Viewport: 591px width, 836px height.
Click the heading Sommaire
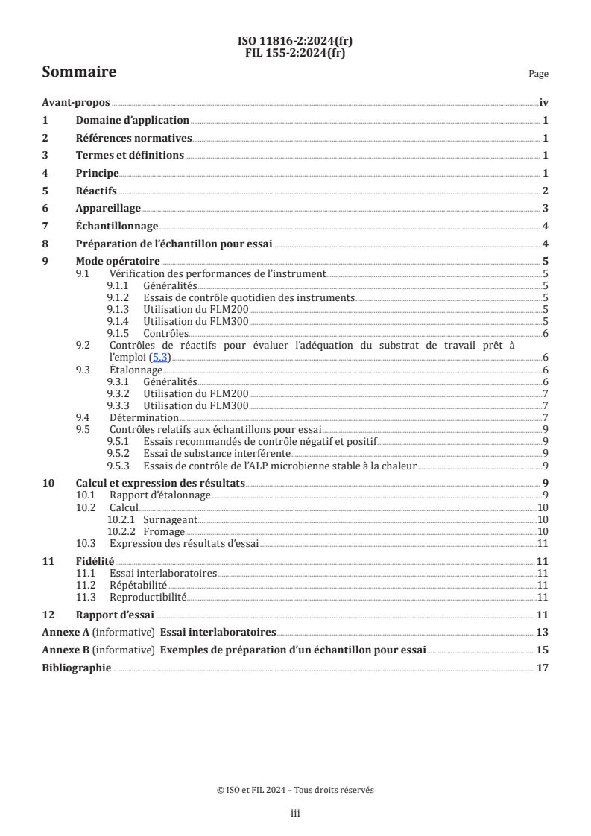(x=79, y=72)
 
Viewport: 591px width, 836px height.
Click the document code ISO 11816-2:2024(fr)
(x=295, y=41)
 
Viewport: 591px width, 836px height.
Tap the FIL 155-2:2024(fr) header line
(x=295, y=52)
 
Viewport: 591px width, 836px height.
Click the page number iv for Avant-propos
(x=544, y=104)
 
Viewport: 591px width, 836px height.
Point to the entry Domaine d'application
(x=133, y=121)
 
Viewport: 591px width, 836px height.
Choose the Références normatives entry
(x=134, y=138)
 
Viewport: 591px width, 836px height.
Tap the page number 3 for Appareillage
(x=546, y=209)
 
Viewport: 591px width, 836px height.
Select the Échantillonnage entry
(x=117, y=227)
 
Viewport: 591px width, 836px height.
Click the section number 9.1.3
(x=119, y=309)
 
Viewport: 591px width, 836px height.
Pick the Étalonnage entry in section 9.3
(x=136, y=370)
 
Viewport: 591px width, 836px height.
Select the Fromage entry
(x=164, y=531)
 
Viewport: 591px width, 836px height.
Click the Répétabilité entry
(x=138, y=585)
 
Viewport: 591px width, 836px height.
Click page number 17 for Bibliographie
(x=543, y=668)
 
